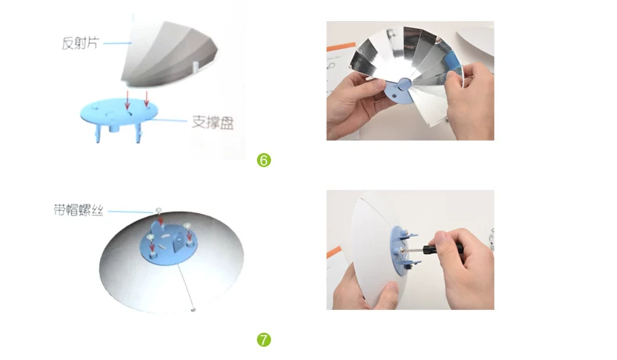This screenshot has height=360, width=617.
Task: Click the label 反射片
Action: (80, 43)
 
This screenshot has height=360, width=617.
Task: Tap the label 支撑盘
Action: (212, 122)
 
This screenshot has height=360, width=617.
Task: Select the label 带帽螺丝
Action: (79, 210)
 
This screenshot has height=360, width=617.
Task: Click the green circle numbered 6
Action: (264, 160)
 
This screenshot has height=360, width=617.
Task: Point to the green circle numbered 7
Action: (264, 340)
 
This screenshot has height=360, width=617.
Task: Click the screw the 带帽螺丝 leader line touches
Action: (159, 210)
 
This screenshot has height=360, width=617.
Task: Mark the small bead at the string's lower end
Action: (193, 310)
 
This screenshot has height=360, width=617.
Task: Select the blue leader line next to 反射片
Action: (117, 43)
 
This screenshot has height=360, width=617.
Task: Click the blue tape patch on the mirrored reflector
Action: (452, 62)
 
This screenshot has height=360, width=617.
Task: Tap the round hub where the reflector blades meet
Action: (404, 83)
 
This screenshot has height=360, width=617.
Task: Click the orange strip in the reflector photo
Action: (341, 48)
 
